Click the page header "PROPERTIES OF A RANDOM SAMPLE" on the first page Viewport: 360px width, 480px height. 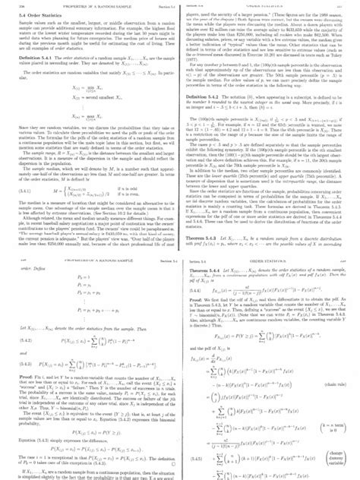[68, 5]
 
